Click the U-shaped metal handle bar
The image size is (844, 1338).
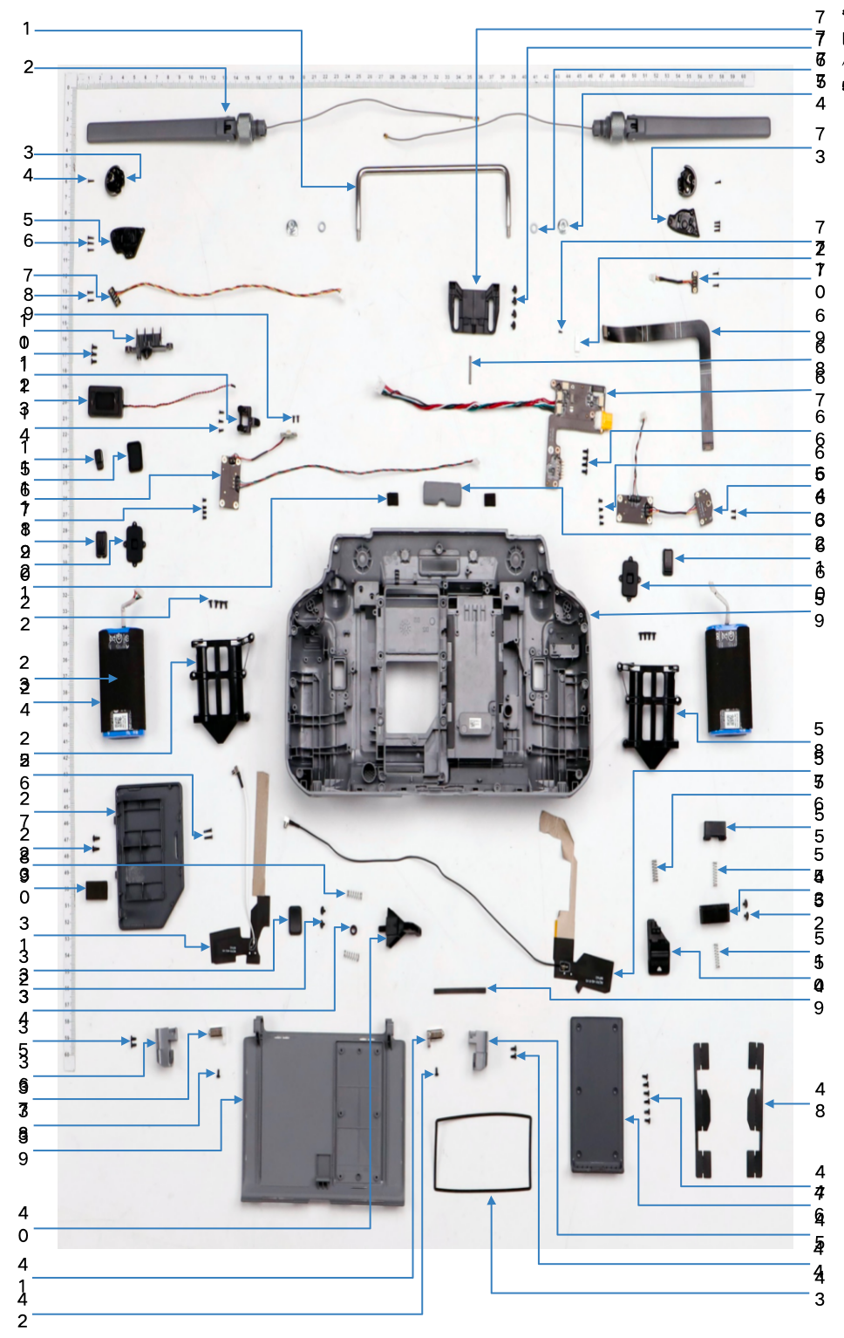[x=432, y=171]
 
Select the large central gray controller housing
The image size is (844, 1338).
[x=440, y=663]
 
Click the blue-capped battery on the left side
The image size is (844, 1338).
[x=122, y=681]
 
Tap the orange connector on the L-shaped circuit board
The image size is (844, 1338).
[x=603, y=421]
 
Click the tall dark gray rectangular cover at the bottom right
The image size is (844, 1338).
[x=597, y=1095]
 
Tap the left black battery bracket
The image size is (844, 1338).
[x=221, y=685]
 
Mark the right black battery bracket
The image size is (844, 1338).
[x=650, y=711]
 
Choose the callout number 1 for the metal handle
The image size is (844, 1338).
[x=26, y=29]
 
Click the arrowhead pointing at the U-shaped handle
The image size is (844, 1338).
[x=351, y=186]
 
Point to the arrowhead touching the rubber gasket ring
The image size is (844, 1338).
[x=492, y=1201]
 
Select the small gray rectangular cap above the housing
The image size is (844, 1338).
[x=441, y=493]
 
